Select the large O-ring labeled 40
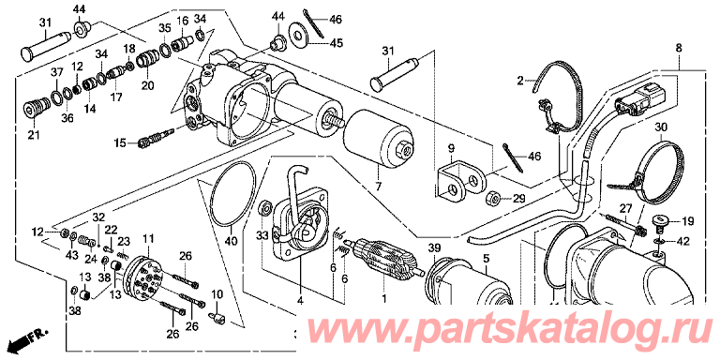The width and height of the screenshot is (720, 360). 232,194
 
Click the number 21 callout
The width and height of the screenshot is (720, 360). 34,135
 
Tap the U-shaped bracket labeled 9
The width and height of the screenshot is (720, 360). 460,182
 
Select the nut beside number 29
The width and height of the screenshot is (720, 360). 493,199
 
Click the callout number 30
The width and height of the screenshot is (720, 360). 660,127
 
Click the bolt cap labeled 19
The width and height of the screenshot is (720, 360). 661,223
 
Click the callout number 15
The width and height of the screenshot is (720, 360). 119,143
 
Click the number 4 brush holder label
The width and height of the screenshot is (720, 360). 300,301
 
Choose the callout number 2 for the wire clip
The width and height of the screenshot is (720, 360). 519,82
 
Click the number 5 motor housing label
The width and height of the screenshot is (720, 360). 486,259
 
